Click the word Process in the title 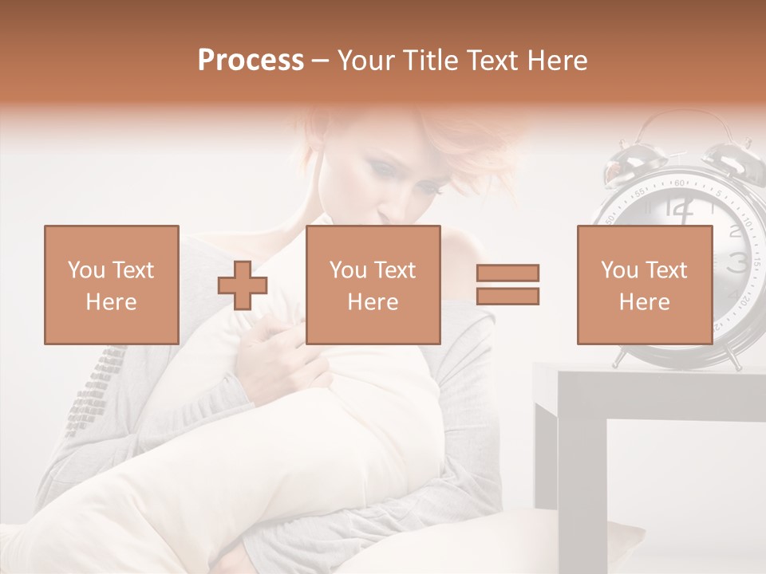click(x=251, y=61)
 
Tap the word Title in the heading click(x=432, y=61)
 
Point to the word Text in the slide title click(x=496, y=61)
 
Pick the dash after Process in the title click(x=320, y=61)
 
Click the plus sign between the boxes click(x=243, y=285)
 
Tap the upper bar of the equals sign click(x=507, y=273)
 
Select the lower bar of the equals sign click(x=507, y=297)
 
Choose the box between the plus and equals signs click(x=373, y=285)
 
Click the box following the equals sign click(x=644, y=285)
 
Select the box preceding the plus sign click(x=111, y=285)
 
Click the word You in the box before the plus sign click(x=86, y=270)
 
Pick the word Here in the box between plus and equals click(x=373, y=302)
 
